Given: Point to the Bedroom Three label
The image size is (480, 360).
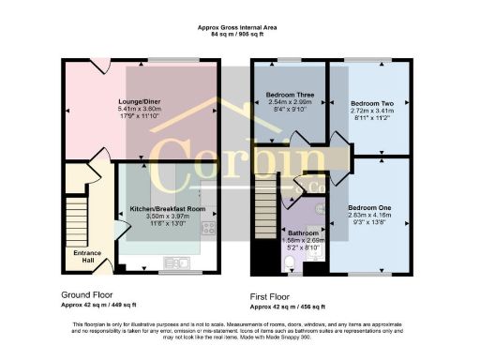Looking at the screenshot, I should (x=289, y=96).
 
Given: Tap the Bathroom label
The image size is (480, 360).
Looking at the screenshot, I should (x=303, y=232).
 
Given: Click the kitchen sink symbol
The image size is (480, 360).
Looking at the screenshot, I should (x=175, y=262).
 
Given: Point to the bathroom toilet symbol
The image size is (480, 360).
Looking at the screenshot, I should (x=315, y=252).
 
